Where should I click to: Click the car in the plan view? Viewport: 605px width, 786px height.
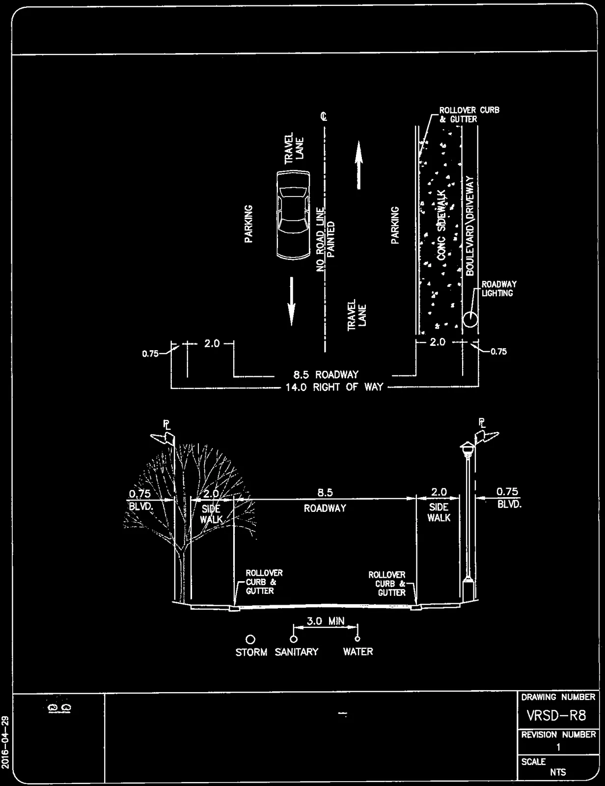pyautogui.click(x=293, y=215)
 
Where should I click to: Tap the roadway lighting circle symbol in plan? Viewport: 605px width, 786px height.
pyautogui.click(x=470, y=319)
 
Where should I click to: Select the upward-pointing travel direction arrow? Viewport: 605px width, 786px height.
pyautogui.click(x=358, y=165)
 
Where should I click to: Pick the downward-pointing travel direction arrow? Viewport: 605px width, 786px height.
pyautogui.click(x=291, y=301)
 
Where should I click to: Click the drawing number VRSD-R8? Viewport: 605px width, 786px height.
pyautogui.click(x=556, y=716)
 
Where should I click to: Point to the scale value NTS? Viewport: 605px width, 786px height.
pyautogui.click(x=558, y=772)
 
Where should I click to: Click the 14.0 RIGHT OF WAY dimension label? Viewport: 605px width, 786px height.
pyautogui.click(x=334, y=388)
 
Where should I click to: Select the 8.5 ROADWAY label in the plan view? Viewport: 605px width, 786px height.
pyautogui.click(x=326, y=374)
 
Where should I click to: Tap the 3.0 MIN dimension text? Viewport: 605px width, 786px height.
pyautogui.click(x=326, y=621)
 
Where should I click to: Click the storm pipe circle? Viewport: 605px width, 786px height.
pyautogui.click(x=250, y=640)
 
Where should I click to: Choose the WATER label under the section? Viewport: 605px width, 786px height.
pyautogui.click(x=358, y=652)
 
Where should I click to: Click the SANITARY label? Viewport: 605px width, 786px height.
pyautogui.click(x=296, y=652)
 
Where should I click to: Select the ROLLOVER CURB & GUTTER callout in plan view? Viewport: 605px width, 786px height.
pyautogui.click(x=469, y=114)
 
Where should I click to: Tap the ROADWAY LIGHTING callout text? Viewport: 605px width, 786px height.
pyautogui.click(x=499, y=289)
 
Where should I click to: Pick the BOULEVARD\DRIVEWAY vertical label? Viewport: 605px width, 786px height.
pyautogui.click(x=469, y=225)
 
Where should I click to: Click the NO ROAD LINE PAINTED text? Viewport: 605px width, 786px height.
pyautogui.click(x=325, y=239)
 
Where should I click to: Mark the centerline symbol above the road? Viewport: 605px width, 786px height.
pyautogui.click(x=324, y=116)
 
